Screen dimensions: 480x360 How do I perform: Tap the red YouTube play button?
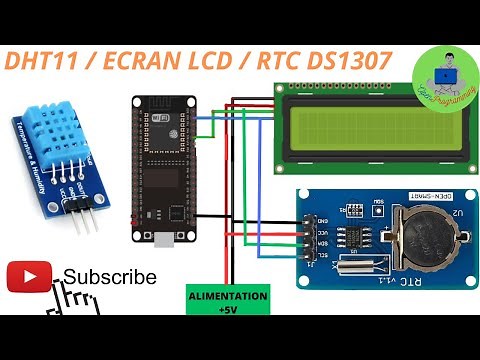click(x=29, y=277)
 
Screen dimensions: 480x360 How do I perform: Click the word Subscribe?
click(x=110, y=277)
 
